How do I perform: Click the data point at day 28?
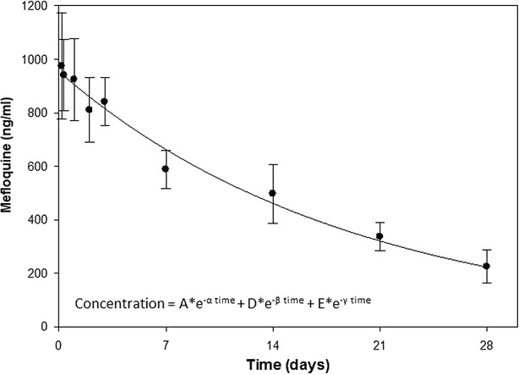point(487,266)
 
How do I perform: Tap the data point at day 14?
point(272,193)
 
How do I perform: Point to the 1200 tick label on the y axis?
point(36,6)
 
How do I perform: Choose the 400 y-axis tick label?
point(39,220)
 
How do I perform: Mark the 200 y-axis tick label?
point(39,273)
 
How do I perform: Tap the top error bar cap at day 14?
point(272,164)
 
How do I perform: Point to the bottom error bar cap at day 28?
point(487,283)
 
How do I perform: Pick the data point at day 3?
point(104,102)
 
